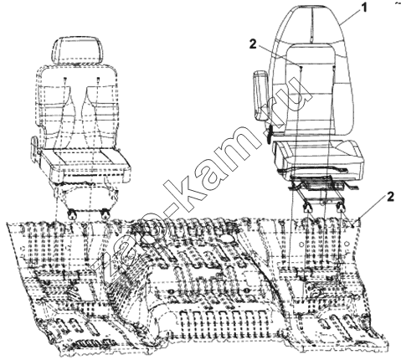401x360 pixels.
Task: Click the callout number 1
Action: click(363, 8)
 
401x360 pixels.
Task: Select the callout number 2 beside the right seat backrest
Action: click(253, 44)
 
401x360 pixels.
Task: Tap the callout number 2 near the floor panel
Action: click(390, 197)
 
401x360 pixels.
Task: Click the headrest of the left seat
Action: click(76, 51)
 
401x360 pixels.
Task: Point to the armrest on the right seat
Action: click(260, 95)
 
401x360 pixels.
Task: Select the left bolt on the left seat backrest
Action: click(64, 80)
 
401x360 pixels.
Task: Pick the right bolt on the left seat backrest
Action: click(98, 80)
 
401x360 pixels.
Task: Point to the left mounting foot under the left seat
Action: click(73, 213)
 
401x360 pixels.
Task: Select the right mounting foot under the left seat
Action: click(105, 213)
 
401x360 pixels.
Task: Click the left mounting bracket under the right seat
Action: click(307, 207)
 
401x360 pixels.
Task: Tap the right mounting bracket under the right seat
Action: click(341, 207)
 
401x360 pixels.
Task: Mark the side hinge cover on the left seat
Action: click(36, 148)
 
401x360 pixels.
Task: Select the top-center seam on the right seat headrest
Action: click(311, 26)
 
